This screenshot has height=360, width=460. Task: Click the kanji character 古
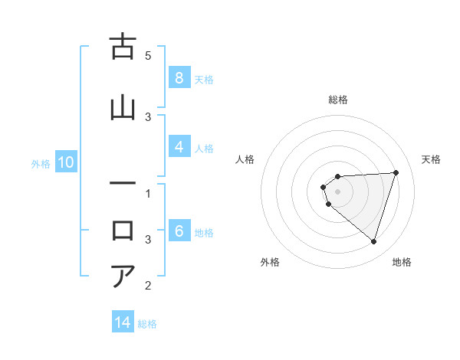tap(123, 47)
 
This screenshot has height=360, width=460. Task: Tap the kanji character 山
tap(123, 106)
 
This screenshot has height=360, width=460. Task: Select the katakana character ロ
tap(123, 229)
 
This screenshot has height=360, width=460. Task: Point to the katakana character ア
tap(123, 275)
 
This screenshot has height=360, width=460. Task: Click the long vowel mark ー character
tap(123, 184)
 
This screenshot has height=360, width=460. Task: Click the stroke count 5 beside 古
tap(148, 56)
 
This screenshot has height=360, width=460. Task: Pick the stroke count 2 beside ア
tap(148, 286)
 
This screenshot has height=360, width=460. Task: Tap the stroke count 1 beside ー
tap(148, 194)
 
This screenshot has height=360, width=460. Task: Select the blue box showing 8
tap(179, 78)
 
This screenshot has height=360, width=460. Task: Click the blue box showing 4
tap(179, 147)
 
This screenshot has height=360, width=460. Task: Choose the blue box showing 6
tap(179, 231)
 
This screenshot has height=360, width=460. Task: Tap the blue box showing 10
tap(65, 162)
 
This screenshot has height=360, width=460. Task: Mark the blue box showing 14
tap(123, 323)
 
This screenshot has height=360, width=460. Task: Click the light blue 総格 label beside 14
tap(147, 324)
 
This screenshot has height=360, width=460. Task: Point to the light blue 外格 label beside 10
tap(40, 163)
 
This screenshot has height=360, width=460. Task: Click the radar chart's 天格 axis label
tap(431, 159)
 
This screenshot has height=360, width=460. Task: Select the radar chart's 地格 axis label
tap(402, 262)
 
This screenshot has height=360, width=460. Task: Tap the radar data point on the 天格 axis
tap(396, 172)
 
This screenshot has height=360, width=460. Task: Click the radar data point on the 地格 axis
tap(373, 241)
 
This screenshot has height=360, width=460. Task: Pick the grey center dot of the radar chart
tap(337, 191)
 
